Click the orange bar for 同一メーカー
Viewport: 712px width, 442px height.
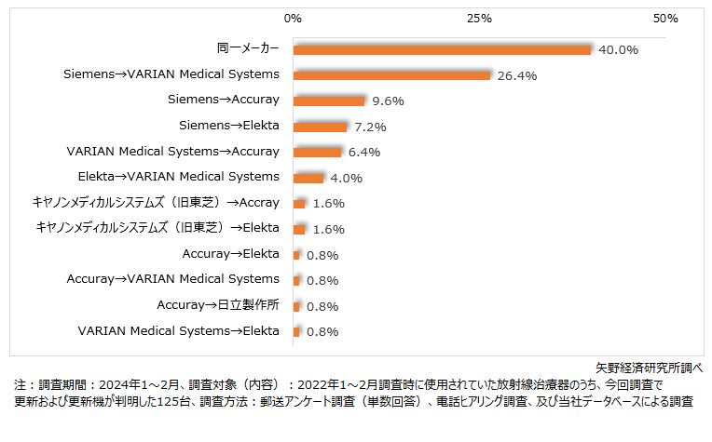point(442,49)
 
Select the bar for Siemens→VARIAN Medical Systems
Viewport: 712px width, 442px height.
point(391,74)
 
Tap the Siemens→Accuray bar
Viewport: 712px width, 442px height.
point(329,100)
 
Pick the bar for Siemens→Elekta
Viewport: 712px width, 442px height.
point(320,126)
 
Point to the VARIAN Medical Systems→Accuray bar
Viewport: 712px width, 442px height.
point(317,152)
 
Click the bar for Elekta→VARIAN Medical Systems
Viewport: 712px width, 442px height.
point(308,178)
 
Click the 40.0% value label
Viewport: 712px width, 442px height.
point(618,49)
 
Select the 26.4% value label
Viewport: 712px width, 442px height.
point(517,75)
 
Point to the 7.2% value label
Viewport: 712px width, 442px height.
point(371,127)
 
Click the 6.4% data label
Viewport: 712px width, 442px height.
point(365,152)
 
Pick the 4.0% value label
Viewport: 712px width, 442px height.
point(347,178)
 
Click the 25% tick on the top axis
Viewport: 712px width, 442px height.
point(479,19)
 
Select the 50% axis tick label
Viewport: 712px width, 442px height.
point(665,19)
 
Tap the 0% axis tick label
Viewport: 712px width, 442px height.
point(293,19)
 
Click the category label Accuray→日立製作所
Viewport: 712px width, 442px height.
point(217,304)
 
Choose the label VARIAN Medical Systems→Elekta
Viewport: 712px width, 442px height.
point(178,330)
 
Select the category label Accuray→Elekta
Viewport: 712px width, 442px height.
point(230,253)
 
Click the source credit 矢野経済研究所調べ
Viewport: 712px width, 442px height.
point(650,368)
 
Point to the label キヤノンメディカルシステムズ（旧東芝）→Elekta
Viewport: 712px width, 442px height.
point(157,227)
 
